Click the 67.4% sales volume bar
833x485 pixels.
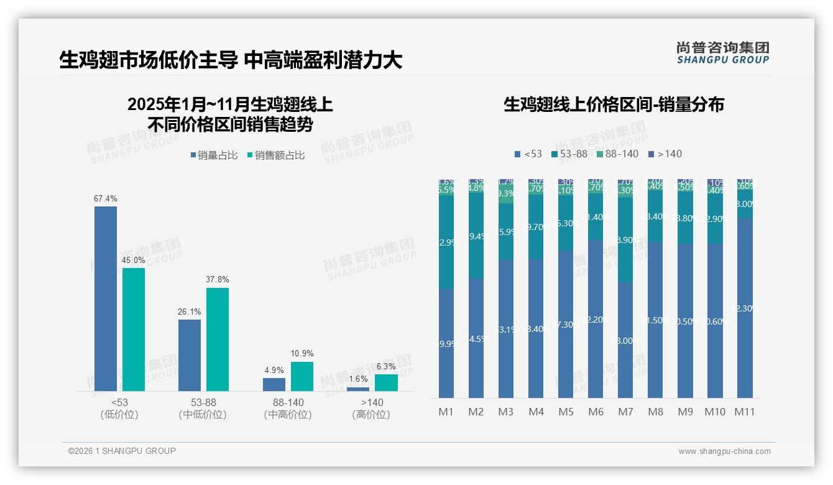coord(106,298)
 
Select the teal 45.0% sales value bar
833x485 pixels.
coord(134,330)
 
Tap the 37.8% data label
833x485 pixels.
coord(217,280)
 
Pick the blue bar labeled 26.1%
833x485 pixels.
coord(190,355)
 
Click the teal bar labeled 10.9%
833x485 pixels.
coord(302,376)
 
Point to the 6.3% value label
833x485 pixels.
coord(385,367)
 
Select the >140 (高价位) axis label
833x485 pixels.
coord(371,408)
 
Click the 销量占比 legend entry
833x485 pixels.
coord(213,155)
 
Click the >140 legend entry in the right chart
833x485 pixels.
coord(665,154)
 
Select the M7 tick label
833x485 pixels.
coord(625,412)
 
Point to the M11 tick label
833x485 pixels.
coord(744,412)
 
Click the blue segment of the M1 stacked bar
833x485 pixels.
coord(446,343)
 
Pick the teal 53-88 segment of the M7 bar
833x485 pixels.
coord(625,240)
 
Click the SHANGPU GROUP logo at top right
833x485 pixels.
coord(722,53)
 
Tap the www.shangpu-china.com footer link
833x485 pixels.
coord(724,451)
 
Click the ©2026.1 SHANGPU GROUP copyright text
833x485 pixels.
coord(122,451)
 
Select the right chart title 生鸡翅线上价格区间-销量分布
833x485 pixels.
coord(614,104)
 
